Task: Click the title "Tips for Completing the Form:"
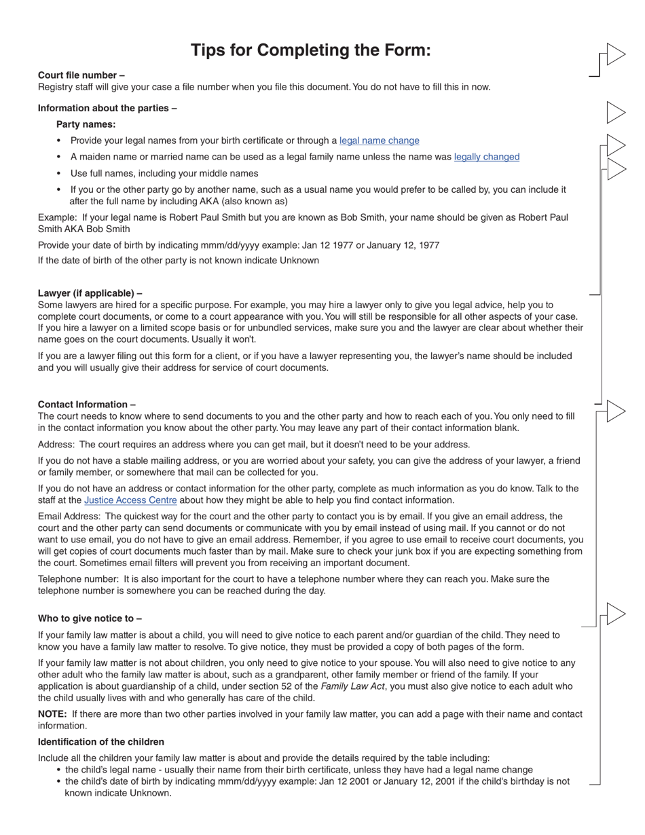310,50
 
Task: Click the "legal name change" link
379,141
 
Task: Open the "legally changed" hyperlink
486,157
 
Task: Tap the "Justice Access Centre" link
130,500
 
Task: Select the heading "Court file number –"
81,75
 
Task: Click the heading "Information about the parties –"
107,108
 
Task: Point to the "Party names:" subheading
86,124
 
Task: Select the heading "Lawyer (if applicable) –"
90,293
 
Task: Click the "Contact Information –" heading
86,404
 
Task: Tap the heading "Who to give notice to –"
90,618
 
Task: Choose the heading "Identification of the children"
100,742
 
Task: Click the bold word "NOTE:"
52,714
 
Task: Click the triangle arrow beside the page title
615,54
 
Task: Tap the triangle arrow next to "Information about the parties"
615,113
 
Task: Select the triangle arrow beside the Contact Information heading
615,411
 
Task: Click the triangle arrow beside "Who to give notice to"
615,614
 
